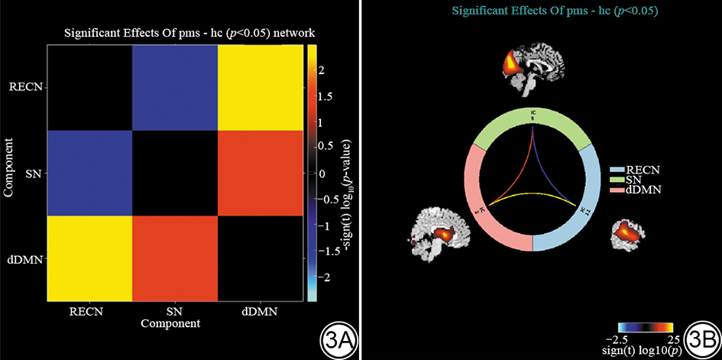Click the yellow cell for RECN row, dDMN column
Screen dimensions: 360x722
[261, 87]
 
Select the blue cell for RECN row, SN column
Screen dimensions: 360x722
[175, 87]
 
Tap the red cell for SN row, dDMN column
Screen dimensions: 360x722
[261, 174]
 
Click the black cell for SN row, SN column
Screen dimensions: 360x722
[175, 174]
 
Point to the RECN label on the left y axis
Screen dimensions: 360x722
[29, 87]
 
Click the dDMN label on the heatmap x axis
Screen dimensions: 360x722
[260, 312]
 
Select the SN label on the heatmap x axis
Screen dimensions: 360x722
[175, 312]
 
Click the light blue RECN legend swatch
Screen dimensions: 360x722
[617, 168]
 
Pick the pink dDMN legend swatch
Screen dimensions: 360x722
[617, 188]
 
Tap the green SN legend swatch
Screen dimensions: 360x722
[617, 178]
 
